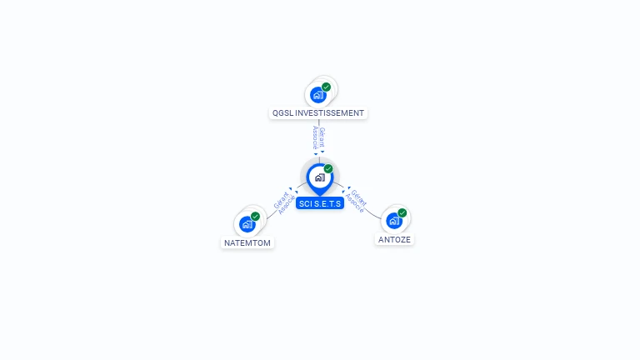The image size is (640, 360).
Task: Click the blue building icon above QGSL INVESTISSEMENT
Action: click(318, 95)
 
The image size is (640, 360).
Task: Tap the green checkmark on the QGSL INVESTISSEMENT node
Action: click(326, 87)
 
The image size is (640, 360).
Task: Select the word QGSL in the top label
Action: click(282, 113)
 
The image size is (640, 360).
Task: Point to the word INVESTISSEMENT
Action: click(329, 113)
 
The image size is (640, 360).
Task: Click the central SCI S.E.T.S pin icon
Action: click(320, 178)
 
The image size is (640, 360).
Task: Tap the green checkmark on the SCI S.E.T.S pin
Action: click(328, 168)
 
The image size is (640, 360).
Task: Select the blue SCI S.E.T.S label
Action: click(320, 203)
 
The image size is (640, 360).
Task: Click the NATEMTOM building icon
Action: click(247, 224)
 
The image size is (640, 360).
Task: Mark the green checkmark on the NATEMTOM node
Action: click(256, 217)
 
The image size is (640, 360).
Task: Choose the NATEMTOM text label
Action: click(247, 242)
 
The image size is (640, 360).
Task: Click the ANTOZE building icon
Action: click(394, 221)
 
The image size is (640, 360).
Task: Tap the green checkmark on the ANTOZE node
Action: click(402, 213)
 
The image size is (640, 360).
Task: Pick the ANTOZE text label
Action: click(394, 240)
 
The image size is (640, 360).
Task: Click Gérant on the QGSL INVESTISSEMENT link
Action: click(322, 137)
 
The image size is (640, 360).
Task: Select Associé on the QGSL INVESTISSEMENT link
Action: click(315, 137)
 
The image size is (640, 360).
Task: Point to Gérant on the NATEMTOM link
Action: click(281, 200)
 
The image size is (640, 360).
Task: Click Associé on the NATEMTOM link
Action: click(287, 205)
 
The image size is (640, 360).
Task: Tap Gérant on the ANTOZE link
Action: click(359, 197)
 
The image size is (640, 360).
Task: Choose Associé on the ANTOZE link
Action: click(354, 203)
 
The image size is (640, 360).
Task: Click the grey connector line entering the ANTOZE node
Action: click(372, 215)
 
